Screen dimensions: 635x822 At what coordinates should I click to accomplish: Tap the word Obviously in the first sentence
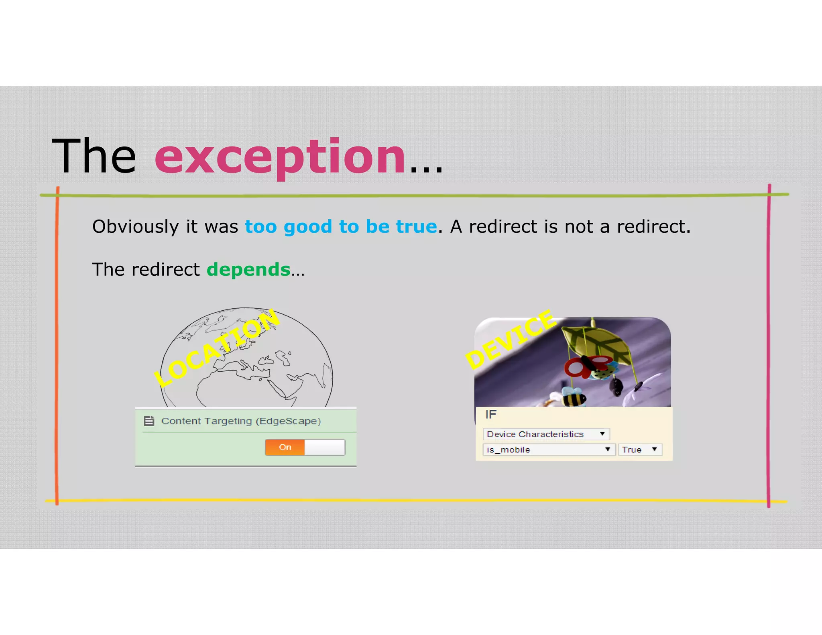(135, 227)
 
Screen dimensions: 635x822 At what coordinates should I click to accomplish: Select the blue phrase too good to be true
(340, 227)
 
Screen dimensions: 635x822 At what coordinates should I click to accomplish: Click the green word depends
(248, 269)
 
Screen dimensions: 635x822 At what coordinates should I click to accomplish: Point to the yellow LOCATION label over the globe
(217, 348)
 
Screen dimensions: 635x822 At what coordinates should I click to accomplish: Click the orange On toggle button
(285, 447)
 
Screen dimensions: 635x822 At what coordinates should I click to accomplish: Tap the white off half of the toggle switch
(325, 447)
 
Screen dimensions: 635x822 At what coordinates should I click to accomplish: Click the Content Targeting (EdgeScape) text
(241, 421)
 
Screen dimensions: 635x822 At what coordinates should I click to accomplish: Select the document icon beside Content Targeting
(149, 421)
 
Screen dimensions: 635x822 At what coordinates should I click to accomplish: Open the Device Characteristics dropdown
(546, 434)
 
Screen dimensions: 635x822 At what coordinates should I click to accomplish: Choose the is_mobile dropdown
(548, 450)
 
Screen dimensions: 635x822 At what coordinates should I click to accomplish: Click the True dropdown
(639, 450)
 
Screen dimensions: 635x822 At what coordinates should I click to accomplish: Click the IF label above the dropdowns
(490, 415)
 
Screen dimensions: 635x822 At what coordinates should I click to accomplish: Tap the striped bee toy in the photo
(573, 397)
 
